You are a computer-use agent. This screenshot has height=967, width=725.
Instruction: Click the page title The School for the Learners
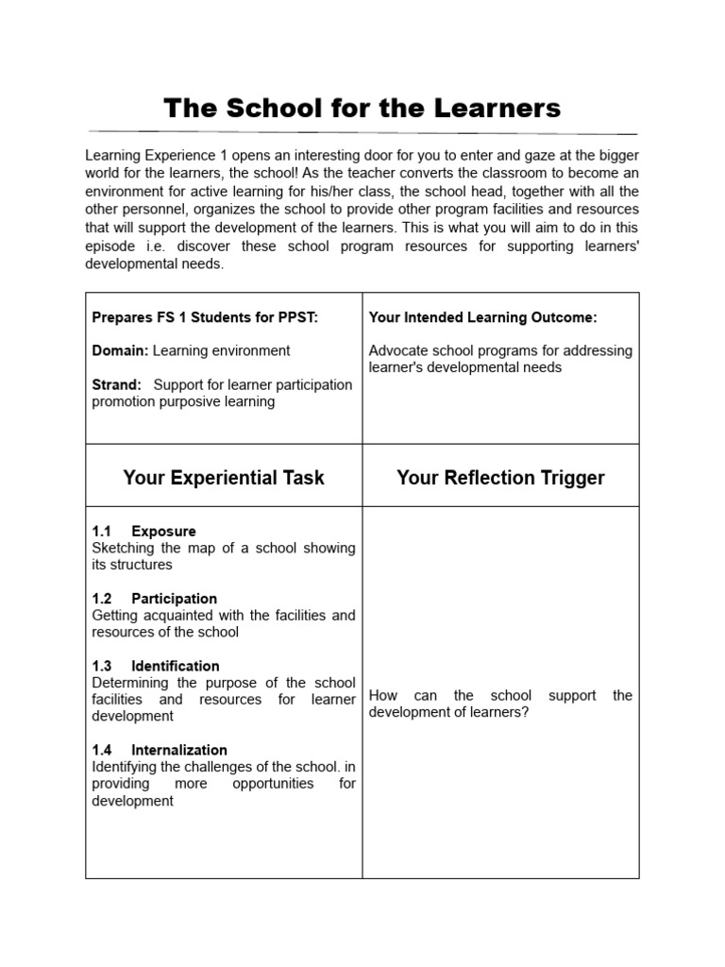362,108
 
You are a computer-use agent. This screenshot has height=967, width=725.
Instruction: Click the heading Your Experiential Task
224,478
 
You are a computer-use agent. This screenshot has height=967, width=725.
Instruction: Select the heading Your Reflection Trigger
500,478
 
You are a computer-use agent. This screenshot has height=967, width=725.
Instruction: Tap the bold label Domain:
120,350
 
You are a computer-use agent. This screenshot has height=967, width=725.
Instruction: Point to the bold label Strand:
117,384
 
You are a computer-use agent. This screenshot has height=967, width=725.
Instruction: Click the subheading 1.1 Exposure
144,531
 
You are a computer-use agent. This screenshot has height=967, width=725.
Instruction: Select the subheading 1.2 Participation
155,598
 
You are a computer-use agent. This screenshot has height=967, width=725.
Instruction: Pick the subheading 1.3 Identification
156,666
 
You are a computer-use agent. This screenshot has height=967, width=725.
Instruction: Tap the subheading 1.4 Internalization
160,750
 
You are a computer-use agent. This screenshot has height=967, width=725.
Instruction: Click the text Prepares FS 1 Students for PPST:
205,317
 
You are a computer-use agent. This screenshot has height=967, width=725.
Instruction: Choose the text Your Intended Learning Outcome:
482,317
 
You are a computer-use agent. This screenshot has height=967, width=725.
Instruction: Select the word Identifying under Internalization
126,767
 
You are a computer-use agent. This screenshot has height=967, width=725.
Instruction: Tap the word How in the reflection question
383,695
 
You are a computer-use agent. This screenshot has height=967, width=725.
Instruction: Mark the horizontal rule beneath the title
362,131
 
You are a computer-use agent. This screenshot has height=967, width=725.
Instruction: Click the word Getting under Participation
115,615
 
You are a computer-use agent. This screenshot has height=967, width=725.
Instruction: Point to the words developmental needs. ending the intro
155,265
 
